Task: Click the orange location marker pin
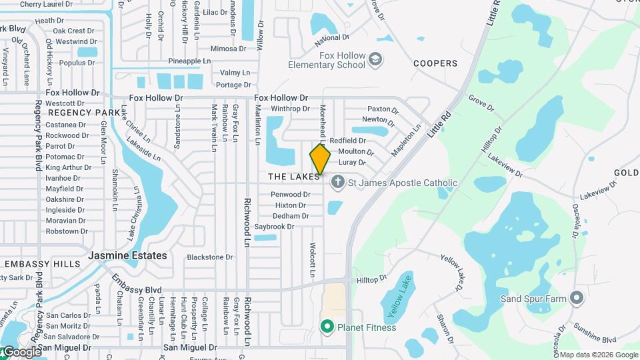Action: [x=320, y=159]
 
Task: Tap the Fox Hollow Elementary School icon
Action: [x=375, y=60]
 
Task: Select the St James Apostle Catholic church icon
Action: [x=338, y=182]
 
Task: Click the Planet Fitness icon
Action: [x=327, y=327]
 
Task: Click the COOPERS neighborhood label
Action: [x=435, y=63]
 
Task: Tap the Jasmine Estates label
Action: [x=128, y=255]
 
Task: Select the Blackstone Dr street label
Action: [x=209, y=257]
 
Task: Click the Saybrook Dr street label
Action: [x=274, y=227]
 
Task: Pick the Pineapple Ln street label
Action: [x=189, y=61]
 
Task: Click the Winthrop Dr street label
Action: [x=290, y=109]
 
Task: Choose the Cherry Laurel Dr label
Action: [x=46, y=4]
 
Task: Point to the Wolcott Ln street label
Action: [x=312, y=260]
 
